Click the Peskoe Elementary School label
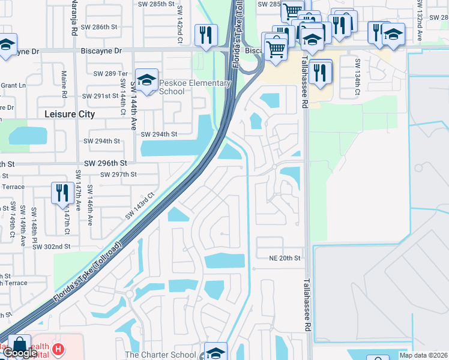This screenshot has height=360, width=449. click(195, 87)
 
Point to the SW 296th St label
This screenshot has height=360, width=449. click(105, 163)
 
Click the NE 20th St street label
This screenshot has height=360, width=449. click(285, 257)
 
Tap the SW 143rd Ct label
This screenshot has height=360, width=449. click(140, 205)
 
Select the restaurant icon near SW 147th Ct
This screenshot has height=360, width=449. click(62, 193)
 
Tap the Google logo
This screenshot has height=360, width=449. click(20, 353)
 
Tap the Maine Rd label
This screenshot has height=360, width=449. click(64, 83)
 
